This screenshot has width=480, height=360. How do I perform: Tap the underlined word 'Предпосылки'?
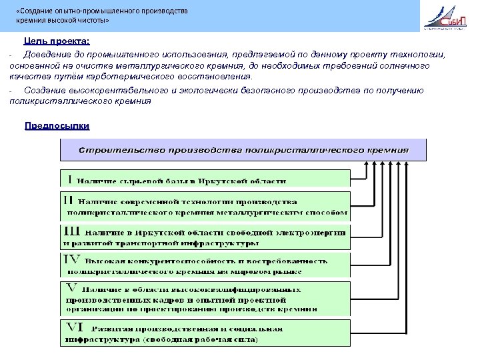click(57, 126)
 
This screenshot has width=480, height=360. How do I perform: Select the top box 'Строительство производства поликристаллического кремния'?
click(243, 149)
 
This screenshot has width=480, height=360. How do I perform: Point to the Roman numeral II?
click(69, 199)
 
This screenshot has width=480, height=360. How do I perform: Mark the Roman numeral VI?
click(74, 327)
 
